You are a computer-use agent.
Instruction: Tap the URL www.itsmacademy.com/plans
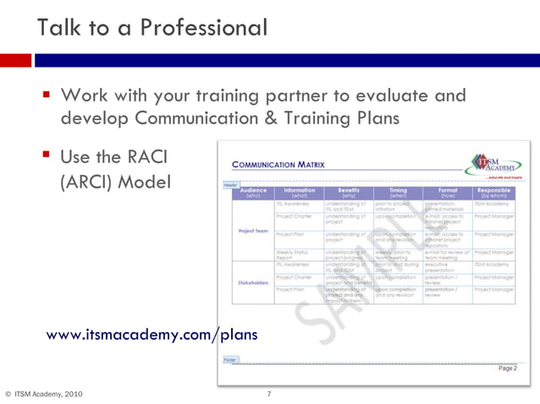(x=152, y=335)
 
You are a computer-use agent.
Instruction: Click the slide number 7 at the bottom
(x=268, y=394)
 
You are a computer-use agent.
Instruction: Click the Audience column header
(x=253, y=194)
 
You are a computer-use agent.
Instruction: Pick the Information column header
(x=300, y=194)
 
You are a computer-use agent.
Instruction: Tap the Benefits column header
(x=349, y=194)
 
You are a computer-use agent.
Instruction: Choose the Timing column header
(x=398, y=194)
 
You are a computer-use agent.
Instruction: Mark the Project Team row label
(x=253, y=231)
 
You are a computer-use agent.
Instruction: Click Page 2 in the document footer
(x=507, y=369)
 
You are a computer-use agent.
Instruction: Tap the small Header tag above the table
(x=229, y=184)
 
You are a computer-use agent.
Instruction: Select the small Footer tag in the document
(x=229, y=359)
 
